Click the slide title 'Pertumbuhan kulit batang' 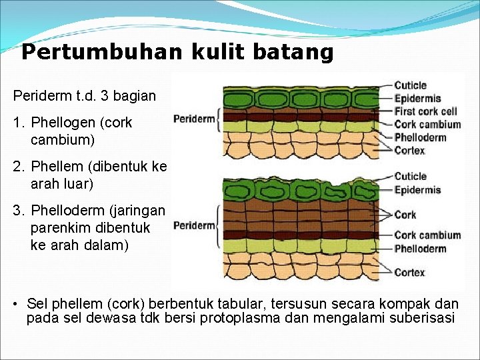tap(177, 52)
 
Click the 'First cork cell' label tap(425, 111)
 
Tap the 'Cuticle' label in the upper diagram tap(410, 85)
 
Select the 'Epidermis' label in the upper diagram tap(417, 99)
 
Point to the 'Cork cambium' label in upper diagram tap(427, 124)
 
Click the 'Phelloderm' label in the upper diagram tap(420, 137)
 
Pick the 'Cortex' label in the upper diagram tap(409, 151)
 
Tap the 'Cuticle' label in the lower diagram tap(410, 177)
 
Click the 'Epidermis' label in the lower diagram tap(417, 190)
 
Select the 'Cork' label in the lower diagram tap(405, 215)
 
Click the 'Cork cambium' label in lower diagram tap(427, 235)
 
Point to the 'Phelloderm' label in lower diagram tap(420, 249)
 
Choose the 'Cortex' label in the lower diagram tap(409, 272)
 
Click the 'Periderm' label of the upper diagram tap(194, 119)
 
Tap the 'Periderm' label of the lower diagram tap(194, 225)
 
